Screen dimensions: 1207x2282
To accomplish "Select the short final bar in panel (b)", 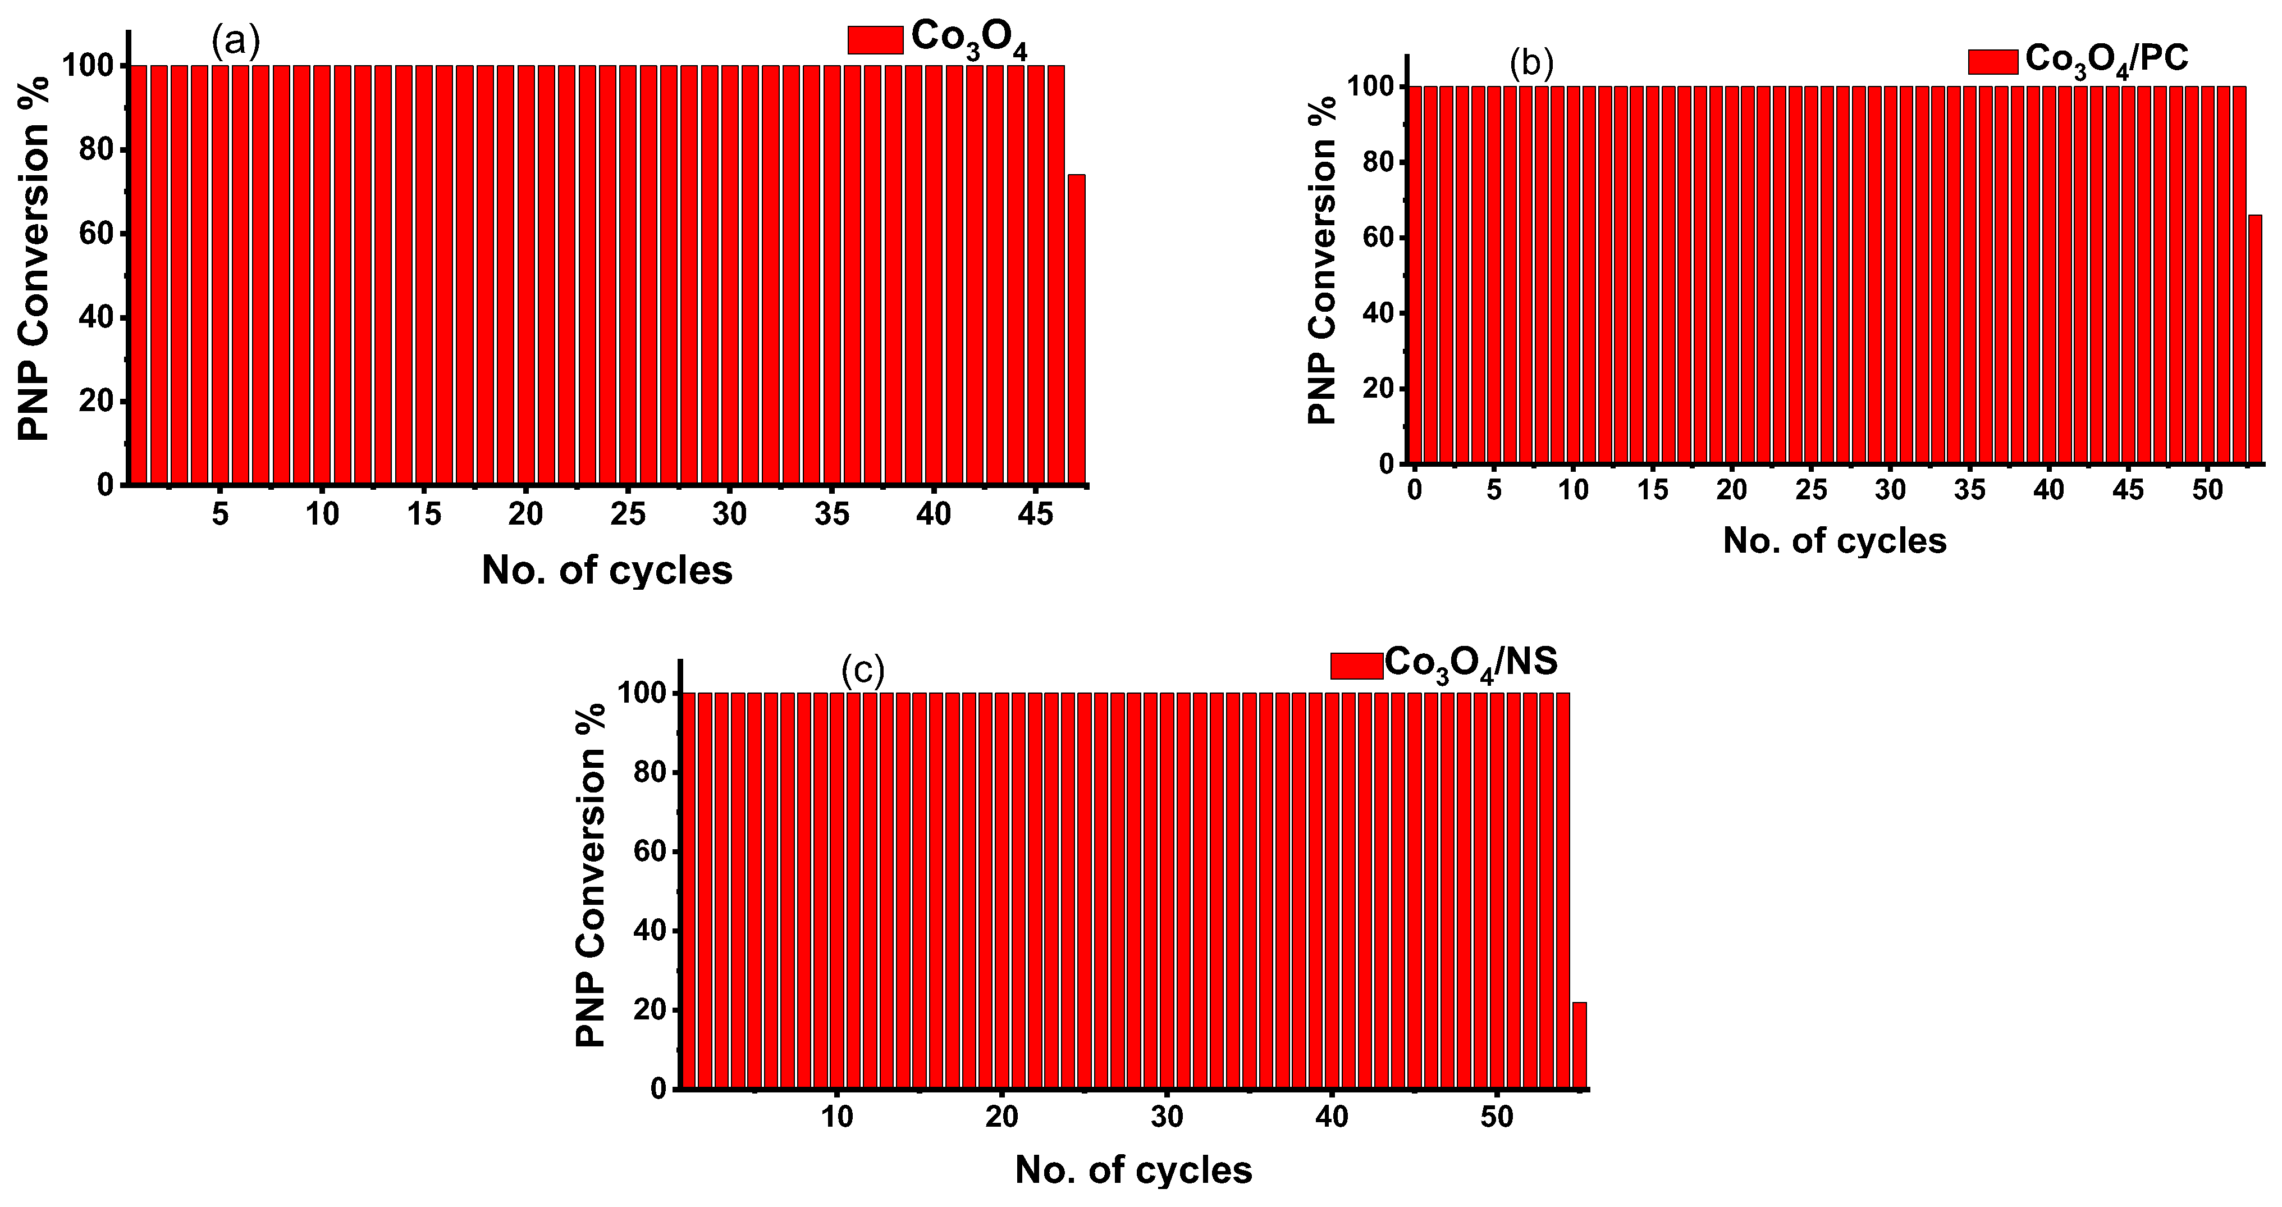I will coord(2254,339).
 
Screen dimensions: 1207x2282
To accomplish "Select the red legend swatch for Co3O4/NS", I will coord(1356,666).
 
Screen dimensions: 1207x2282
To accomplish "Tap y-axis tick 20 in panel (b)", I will coord(1378,388).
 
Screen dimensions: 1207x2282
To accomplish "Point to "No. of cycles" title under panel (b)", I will coord(1835,540).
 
